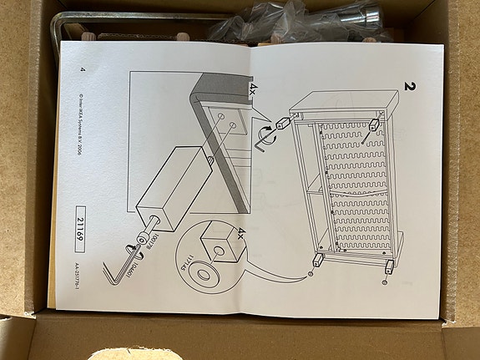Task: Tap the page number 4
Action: tap(82, 69)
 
